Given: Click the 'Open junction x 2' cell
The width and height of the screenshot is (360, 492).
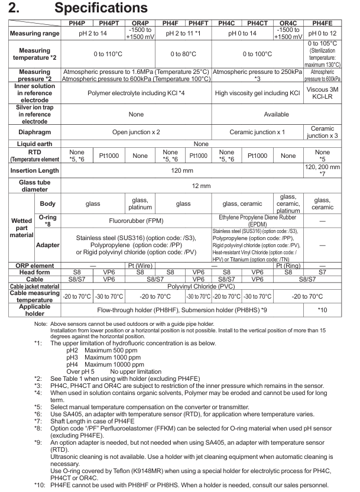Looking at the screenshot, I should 137,131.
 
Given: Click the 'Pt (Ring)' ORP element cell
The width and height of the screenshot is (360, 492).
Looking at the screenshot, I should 288,266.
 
